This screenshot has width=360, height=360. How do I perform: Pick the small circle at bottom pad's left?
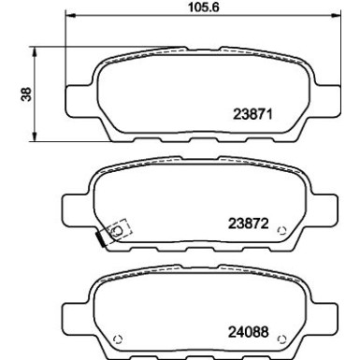[119, 338]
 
